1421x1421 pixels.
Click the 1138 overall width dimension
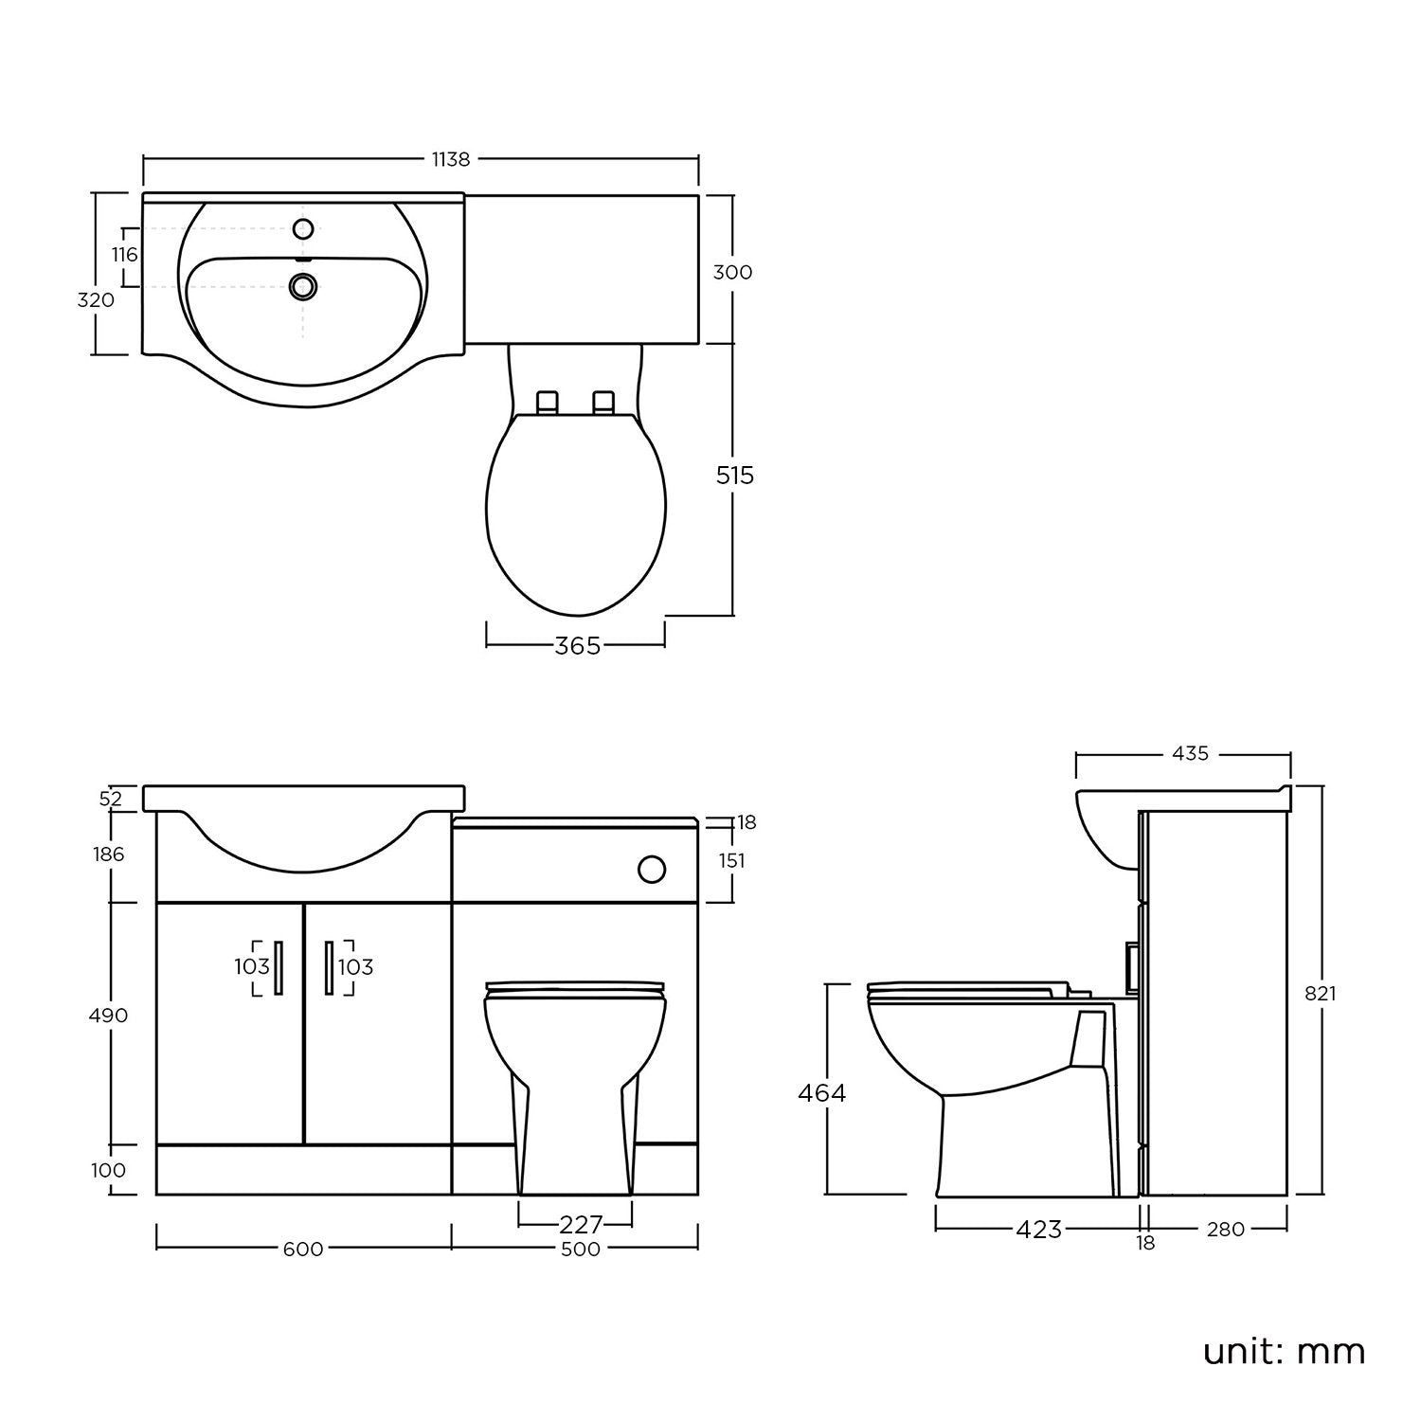point(451,159)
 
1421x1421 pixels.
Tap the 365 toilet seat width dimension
point(578,646)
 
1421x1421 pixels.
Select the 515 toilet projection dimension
point(735,475)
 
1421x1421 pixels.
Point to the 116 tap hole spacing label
point(124,255)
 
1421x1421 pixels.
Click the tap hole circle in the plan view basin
point(304,229)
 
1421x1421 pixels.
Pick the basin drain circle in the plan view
point(303,286)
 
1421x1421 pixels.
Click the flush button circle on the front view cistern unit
point(652,868)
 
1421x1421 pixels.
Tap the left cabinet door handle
point(279,967)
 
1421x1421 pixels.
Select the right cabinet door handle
point(329,967)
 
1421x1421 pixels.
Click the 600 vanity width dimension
point(303,1250)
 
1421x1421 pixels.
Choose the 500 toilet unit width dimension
point(580,1250)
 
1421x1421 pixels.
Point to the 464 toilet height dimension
point(821,1093)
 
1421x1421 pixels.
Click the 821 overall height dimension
point(1321,994)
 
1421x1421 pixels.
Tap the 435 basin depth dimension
point(1190,754)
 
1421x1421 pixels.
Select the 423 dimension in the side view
point(1038,1230)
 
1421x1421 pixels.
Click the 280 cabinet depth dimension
point(1225,1230)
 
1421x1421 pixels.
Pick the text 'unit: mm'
point(1284,1351)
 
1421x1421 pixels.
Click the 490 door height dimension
point(108,1016)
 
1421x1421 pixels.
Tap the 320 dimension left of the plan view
point(96,300)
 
